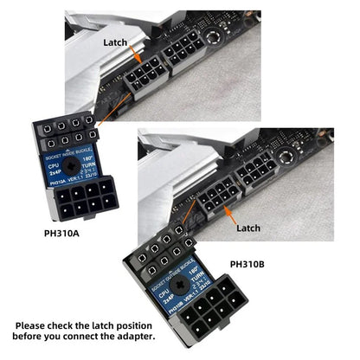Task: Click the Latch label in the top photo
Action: point(115,41)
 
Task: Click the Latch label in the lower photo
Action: point(248,228)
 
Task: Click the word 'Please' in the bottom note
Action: point(36,325)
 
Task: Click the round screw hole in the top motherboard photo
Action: point(211,39)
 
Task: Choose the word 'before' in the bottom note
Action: point(34,337)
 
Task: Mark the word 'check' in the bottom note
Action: point(74,325)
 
